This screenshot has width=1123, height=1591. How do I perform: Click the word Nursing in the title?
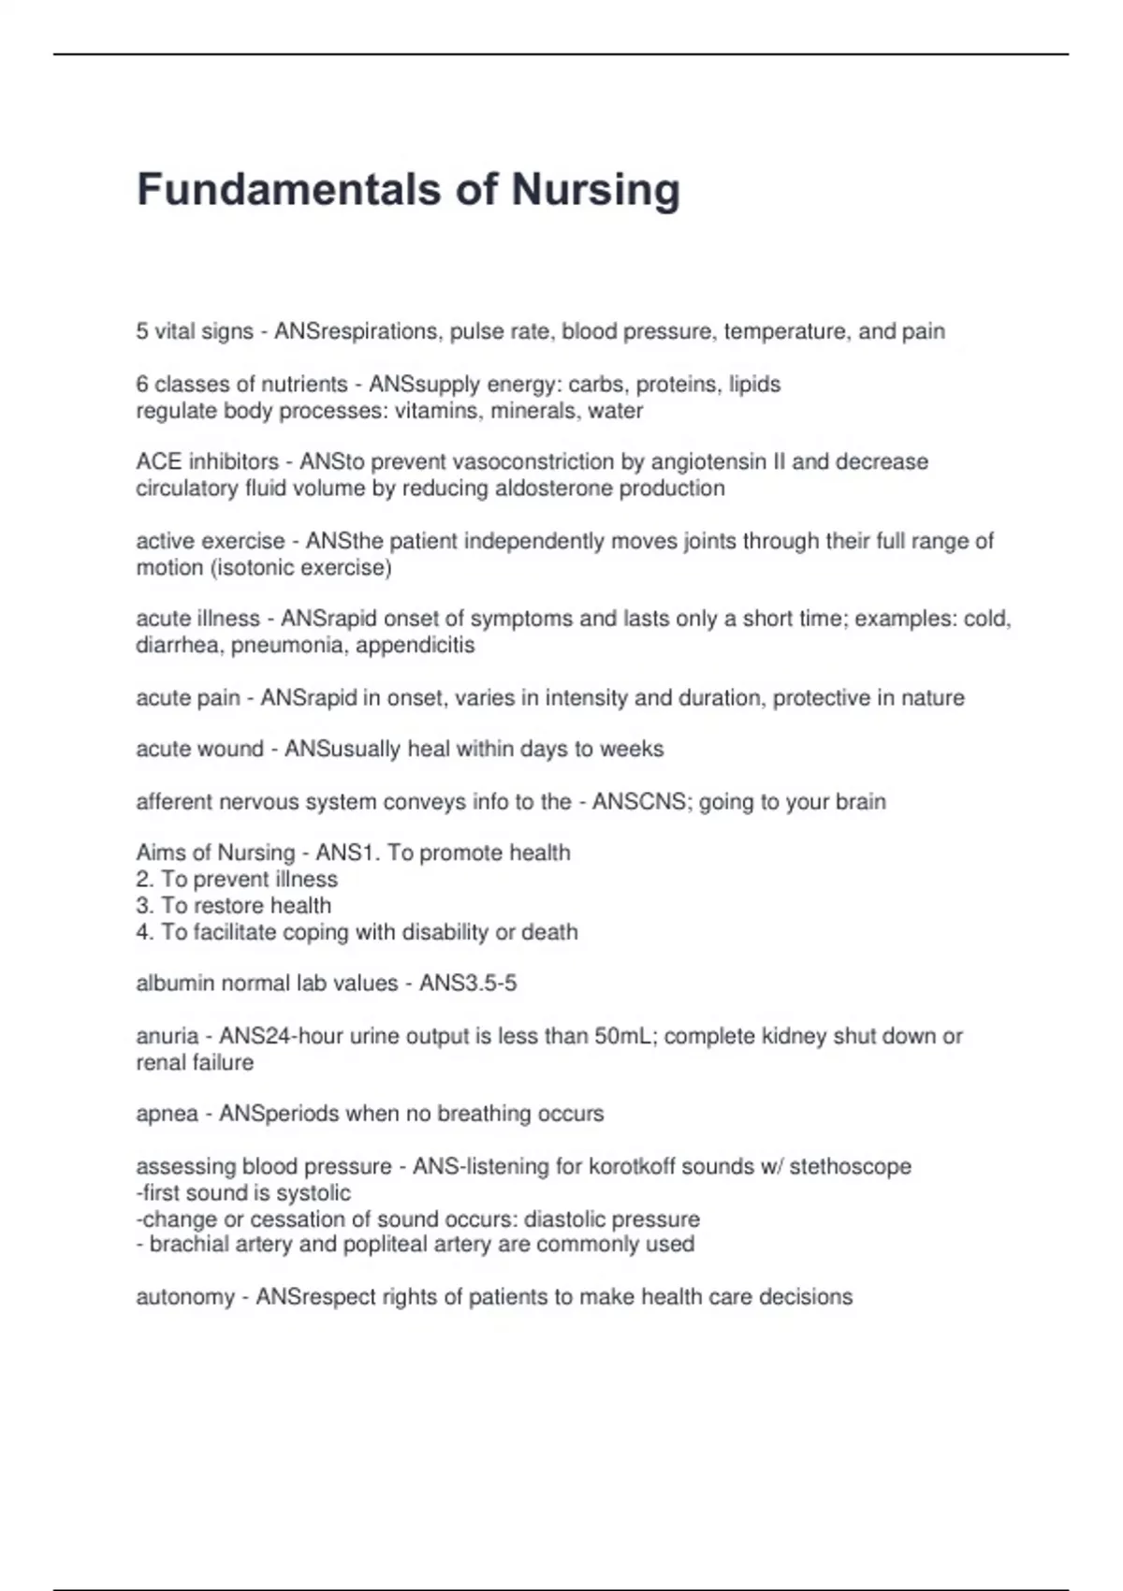point(595,190)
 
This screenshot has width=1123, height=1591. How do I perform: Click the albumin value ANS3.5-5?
point(468,984)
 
